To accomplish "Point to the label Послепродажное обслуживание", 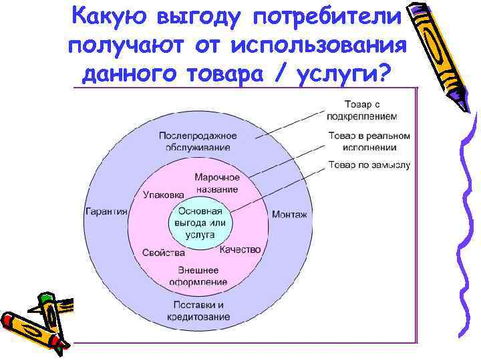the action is (198, 141).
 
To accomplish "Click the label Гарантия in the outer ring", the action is (106, 212).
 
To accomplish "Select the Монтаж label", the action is (289, 215).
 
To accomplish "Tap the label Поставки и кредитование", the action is (198, 311).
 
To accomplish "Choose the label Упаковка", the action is (163, 195).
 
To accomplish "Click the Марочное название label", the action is (216, 183).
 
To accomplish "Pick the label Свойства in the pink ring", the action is (164, 253).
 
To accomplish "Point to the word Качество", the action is (240, 249).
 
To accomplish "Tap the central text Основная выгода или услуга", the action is (200, 223).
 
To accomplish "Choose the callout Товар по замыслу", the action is (369, 164).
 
